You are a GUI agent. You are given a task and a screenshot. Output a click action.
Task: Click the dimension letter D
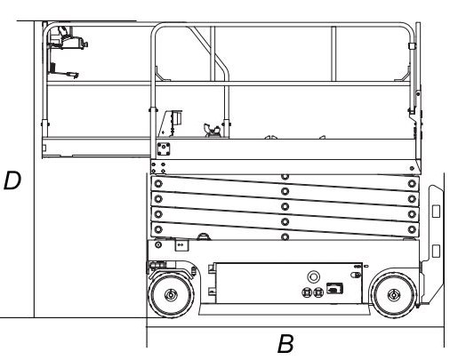[12, 180]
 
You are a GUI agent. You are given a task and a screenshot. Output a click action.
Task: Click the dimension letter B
[285, 344]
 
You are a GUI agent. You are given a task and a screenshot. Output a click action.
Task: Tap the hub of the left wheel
[171, 295]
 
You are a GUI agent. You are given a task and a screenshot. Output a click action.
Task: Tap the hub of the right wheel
[394, 295]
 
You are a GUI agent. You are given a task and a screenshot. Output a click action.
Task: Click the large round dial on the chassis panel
[313, 277]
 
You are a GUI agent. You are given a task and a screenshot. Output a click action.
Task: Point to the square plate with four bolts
[164, 149]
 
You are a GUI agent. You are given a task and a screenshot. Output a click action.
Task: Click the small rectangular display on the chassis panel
[334, 288]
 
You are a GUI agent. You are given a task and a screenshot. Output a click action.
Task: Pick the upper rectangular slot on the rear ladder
[436, 212]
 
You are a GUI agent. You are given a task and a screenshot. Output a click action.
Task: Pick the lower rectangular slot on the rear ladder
[436, 251]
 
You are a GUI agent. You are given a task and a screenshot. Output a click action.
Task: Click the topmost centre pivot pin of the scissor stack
[285, 177]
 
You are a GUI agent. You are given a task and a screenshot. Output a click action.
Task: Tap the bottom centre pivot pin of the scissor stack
[285, 237]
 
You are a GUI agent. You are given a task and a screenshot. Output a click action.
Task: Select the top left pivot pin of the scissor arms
[158, 184]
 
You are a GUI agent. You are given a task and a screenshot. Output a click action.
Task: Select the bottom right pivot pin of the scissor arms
[412, 229]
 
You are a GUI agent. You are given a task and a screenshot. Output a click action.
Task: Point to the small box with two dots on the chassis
[181, 245]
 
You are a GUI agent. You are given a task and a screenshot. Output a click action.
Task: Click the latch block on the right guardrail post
[412, 46]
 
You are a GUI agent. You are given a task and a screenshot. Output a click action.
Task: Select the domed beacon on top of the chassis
[204, 236]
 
